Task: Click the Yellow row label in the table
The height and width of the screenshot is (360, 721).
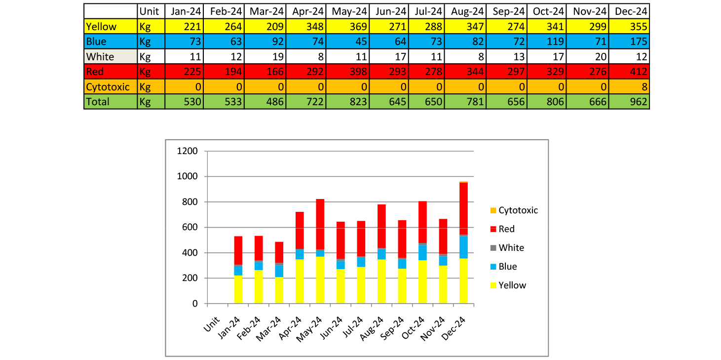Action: pyautogui.click(x=101, y=26)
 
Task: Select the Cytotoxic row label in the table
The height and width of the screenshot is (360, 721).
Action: pyautogui.click(x=108, y=87)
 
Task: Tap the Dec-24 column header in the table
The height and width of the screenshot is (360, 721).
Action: pyautogui.click(x=630, y=11)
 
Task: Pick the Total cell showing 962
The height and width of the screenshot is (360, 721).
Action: pyautogui.click(x=637, y=102)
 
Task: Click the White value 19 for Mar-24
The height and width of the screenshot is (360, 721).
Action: pyautogui.click(x=276, y=57)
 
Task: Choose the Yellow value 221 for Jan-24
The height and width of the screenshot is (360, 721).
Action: pyautogui.click(x=191, y=26)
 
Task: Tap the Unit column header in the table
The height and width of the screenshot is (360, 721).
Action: pyautogui.click(x=149, y=11)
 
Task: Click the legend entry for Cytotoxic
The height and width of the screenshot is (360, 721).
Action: pyautogui.click(x=518, y=210)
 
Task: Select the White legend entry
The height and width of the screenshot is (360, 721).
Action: pyautogui.click(x=511, y=248)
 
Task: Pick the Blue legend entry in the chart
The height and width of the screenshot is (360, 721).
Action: pyautogui.click(x=507, y=267)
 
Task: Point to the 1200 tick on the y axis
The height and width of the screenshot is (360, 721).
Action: pyautogui.click(x=187, y=151)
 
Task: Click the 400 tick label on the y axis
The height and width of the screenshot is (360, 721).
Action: pyautogui.click(x=189, y=253)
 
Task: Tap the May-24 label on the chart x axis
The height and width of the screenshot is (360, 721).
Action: pyautogui.click(x=310, y=327)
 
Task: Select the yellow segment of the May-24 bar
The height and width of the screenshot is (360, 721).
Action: pyautogui.click(x=320, y=280)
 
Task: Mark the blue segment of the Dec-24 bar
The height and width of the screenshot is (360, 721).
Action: pyautogui.click(x=463, y=247)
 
